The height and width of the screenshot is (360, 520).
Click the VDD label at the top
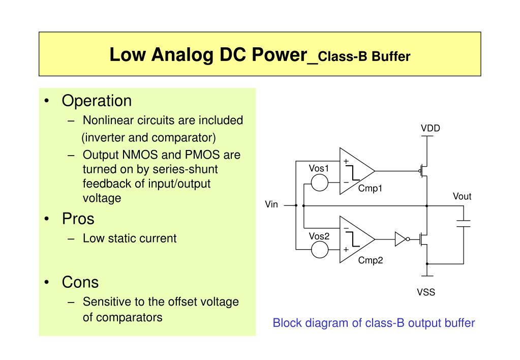tap(430, 128)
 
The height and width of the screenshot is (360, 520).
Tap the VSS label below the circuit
tap(426, 292)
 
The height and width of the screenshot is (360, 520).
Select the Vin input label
tap(271, 205)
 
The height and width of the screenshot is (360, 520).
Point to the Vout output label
tap(462, 196)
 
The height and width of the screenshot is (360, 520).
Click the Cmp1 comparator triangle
tap(355, 171)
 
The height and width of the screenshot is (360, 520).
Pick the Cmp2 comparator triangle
tap(355, 238)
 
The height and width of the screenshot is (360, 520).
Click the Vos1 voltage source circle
tap(320, 182)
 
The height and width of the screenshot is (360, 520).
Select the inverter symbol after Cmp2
tap(401, 238)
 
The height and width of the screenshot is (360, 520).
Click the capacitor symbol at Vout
tap(463, 223)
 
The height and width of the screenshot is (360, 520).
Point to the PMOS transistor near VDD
tap(423, 171)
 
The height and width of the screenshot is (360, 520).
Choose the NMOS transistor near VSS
tap(423, 238)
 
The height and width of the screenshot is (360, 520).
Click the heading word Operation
tap(97, 101)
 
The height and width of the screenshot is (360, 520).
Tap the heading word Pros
tap(78, 219)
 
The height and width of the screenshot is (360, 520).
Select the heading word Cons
tap(80, 282)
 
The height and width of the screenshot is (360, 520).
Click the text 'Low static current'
tap(130, 238)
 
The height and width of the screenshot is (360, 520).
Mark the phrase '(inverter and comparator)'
tap(148, 137)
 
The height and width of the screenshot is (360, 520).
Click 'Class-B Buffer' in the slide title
tap(365, 56)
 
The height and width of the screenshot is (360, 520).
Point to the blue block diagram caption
tap(374, 323)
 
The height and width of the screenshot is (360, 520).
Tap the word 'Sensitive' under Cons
tap(107, 302)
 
